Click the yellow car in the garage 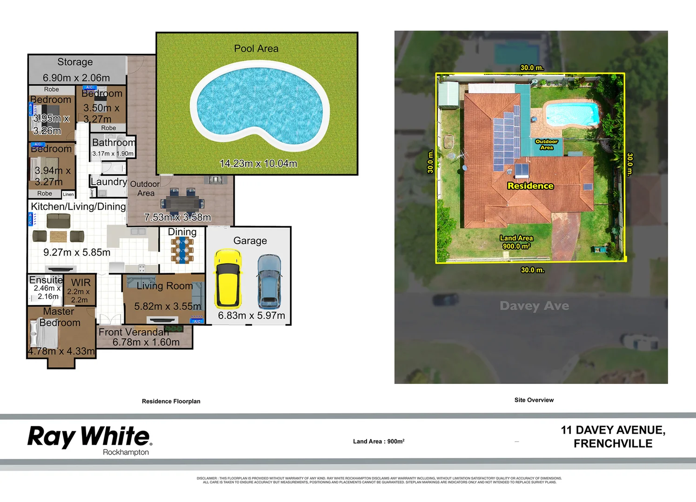(228, 278)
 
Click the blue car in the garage (269, 281)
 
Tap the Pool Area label (256, 49)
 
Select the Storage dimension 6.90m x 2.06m (76, 78)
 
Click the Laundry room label (108, 182)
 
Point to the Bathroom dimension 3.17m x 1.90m (113, 154)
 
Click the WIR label (80, 283)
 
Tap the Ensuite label (46, 280)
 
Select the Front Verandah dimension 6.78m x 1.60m (146, 343)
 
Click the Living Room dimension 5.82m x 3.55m (167, 306)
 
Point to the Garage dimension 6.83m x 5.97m (251, 316)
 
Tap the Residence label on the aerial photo (530, 186)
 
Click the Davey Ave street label (534, 306)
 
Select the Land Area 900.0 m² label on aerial (516, 242)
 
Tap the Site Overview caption (534, 400)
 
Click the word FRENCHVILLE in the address (613, 444)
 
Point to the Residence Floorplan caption (171, 402)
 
